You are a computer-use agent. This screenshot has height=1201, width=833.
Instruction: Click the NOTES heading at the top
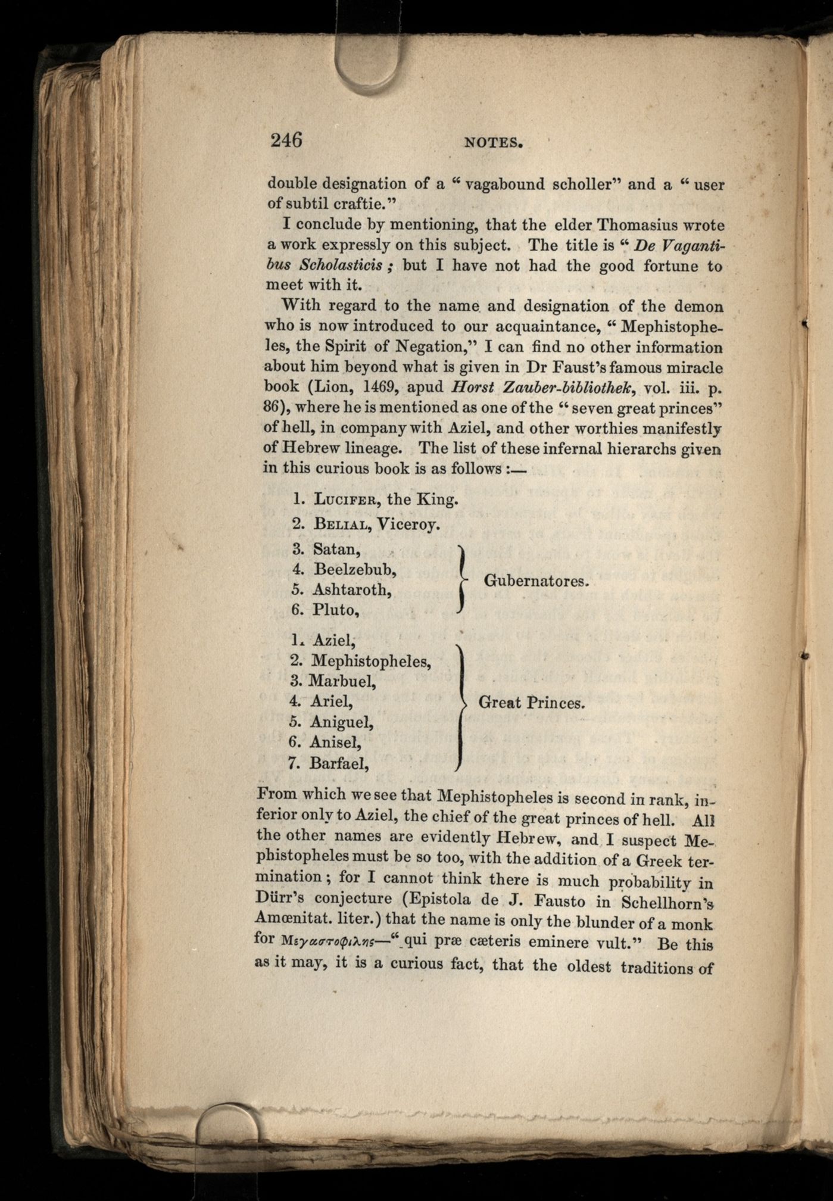tap(494, 142)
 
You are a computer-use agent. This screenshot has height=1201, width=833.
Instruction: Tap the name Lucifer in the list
tap(347, 499)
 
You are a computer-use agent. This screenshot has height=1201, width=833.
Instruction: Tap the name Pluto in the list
tap(336, 610)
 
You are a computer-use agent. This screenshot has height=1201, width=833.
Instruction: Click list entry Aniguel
tap(341, 722)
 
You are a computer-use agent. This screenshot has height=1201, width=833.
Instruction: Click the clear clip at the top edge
tap(367, 63)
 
